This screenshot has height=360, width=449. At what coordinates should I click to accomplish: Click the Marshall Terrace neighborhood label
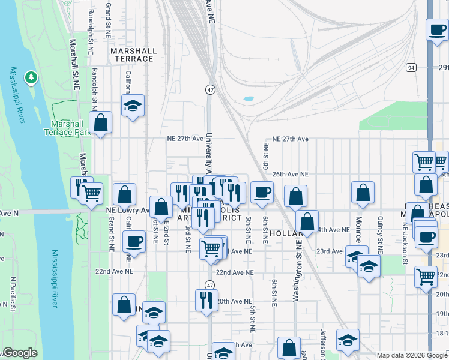point(133,55)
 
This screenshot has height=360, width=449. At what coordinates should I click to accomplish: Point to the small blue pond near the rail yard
point(248,98)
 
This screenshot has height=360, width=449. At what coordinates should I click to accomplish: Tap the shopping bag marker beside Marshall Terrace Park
point(101,123)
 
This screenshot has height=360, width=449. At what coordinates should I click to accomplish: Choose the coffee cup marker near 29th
point(436,29)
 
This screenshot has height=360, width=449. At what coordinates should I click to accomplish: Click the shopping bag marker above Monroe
point(363,193)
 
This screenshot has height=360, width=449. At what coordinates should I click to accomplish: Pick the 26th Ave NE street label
point(290,174)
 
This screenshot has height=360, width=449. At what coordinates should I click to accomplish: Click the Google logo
point(20,353)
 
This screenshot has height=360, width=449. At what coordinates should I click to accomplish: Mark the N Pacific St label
point(13,295)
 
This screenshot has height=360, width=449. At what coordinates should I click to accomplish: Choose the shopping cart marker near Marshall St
point(91,193)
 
